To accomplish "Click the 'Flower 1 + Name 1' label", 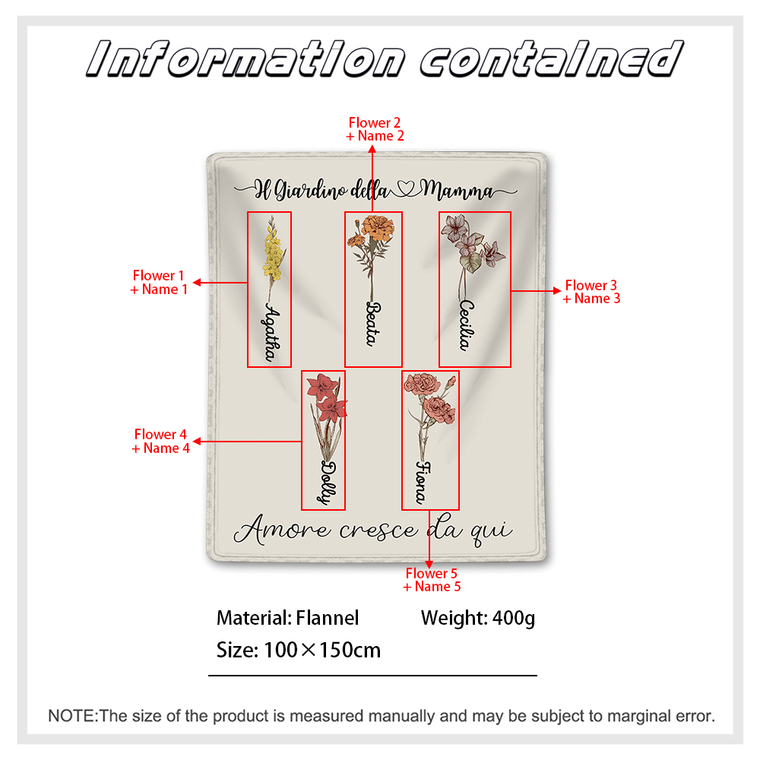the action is [x=159, y=283].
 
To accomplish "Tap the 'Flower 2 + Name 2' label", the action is [x=375, y=129].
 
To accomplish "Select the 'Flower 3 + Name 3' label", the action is [x=591, y=292].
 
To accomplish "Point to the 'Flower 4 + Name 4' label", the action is [x=160, y=441].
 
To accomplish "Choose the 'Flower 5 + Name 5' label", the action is [x=432, y=580].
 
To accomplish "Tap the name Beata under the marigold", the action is [x=373, y=324].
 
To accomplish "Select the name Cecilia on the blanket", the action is [x=467, y=325].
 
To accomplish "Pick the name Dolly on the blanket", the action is [x=328, y=483].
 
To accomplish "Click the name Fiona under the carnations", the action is [x=423, y=483].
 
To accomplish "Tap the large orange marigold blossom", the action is [x=378, y=226].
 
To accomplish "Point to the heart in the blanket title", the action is [x=406, y=188].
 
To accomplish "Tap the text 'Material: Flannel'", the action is [x=287, y=618].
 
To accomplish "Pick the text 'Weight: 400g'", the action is [x=478, y=618].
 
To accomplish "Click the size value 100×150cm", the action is [x=322, y=650].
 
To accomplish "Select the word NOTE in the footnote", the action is [x=72, y=716].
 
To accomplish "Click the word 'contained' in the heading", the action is [x=552, y=59].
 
